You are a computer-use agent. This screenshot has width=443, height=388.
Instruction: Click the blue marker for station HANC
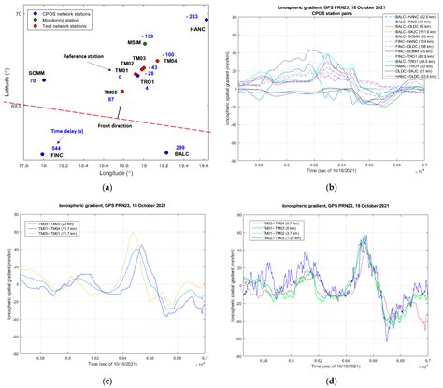[207, 19]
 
